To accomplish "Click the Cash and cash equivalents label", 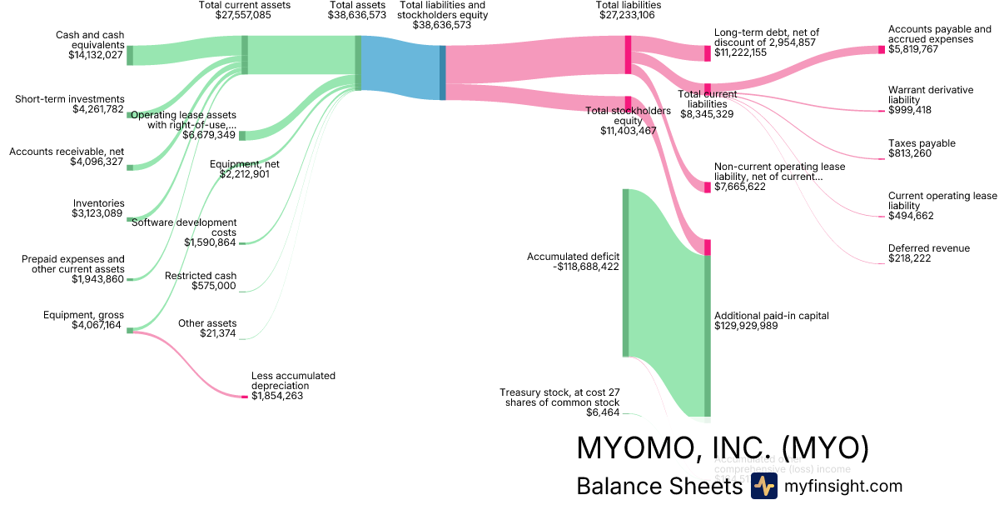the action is [x=89, y=40].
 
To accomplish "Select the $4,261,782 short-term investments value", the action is [x=98, y=109].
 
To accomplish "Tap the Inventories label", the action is [x=98, y=203].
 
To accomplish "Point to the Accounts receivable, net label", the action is [x=67, y=152].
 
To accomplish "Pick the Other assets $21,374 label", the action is [x=207, y=328].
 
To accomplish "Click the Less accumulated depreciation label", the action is [x=293, y=381].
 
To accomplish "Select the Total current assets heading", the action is [x=244, y=5].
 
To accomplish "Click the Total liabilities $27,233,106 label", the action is [x=629, y=10].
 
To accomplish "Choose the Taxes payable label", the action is [x=922, y=143].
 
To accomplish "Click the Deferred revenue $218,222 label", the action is [x=928, y=253].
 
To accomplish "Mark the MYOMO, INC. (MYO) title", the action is [x=723, y=448].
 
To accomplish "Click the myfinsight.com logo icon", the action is [x=763, y=487].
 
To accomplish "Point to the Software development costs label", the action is [x=184, y=227].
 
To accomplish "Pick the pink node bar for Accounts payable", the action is [x=882, y=50].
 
